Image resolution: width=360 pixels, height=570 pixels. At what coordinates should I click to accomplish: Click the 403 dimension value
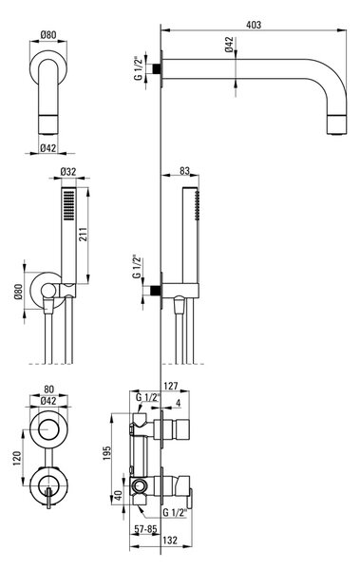254,25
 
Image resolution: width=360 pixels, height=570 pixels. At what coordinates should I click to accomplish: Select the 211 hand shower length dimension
83,236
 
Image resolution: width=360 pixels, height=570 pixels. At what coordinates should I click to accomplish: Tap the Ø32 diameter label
68,172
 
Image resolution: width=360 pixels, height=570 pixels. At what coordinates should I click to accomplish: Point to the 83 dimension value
184,170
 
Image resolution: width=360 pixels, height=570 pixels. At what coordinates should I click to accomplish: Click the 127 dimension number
171,386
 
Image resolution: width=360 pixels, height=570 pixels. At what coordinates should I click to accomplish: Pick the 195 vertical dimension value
107,453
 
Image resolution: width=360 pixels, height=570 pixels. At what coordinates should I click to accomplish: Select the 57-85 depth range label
145,529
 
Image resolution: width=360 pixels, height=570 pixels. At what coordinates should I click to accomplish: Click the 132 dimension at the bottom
170,541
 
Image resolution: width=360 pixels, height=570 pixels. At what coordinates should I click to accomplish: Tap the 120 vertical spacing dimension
17,459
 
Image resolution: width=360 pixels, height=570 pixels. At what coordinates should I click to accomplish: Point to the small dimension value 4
179,403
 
